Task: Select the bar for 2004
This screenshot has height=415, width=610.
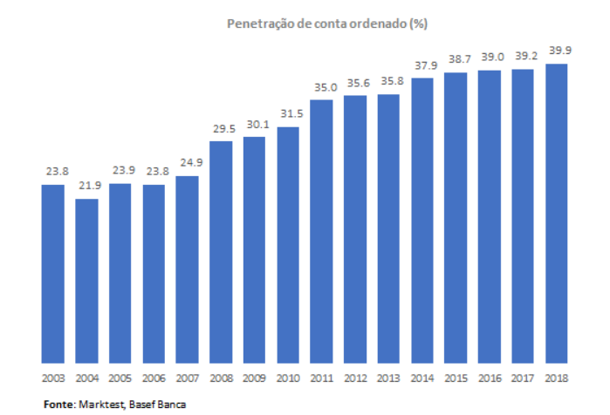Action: click(86, 279)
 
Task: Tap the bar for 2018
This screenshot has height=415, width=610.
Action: click(557, 213)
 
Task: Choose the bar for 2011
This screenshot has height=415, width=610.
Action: click(321, 231)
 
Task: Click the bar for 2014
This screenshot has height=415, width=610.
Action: click(422, 220)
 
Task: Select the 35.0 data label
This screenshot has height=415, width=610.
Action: click(321, 88)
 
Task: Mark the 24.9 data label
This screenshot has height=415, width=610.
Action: click(187, 164)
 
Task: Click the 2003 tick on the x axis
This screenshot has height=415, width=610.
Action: click(52, 378)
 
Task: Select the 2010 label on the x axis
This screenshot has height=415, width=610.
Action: click(288, 378)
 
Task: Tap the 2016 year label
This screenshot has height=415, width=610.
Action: click(490, 378)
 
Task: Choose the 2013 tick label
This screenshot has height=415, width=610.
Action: click(388, 378)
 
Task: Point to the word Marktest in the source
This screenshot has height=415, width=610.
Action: click(99, 404)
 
